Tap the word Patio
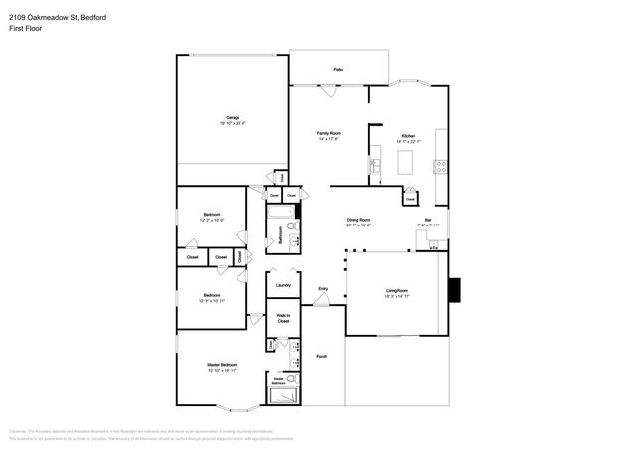click(x=338, y=70)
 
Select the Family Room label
click(x=329, y=134)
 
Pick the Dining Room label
click(x=358, y=220)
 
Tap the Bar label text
click(x=428, y=220)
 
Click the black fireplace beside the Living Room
click(x=455, y=289)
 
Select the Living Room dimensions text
click(x=397, y=296)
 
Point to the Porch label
click(x=322, y=355)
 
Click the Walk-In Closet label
click(x=283, y=320)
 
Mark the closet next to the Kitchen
click(x=410, y=199)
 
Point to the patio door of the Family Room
click(x=328, y=85)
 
